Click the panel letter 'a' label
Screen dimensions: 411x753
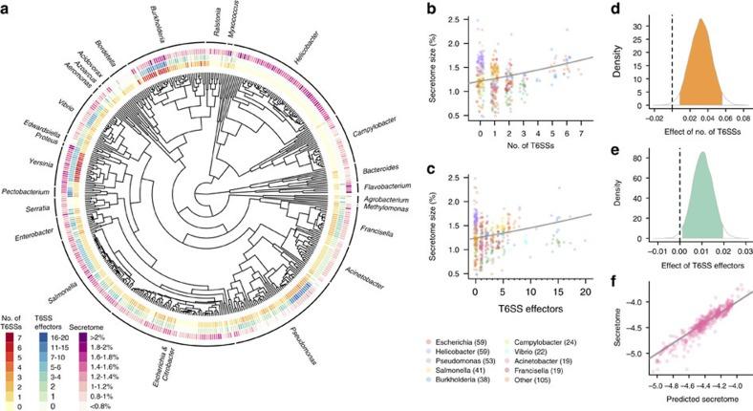pos(8,8)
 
